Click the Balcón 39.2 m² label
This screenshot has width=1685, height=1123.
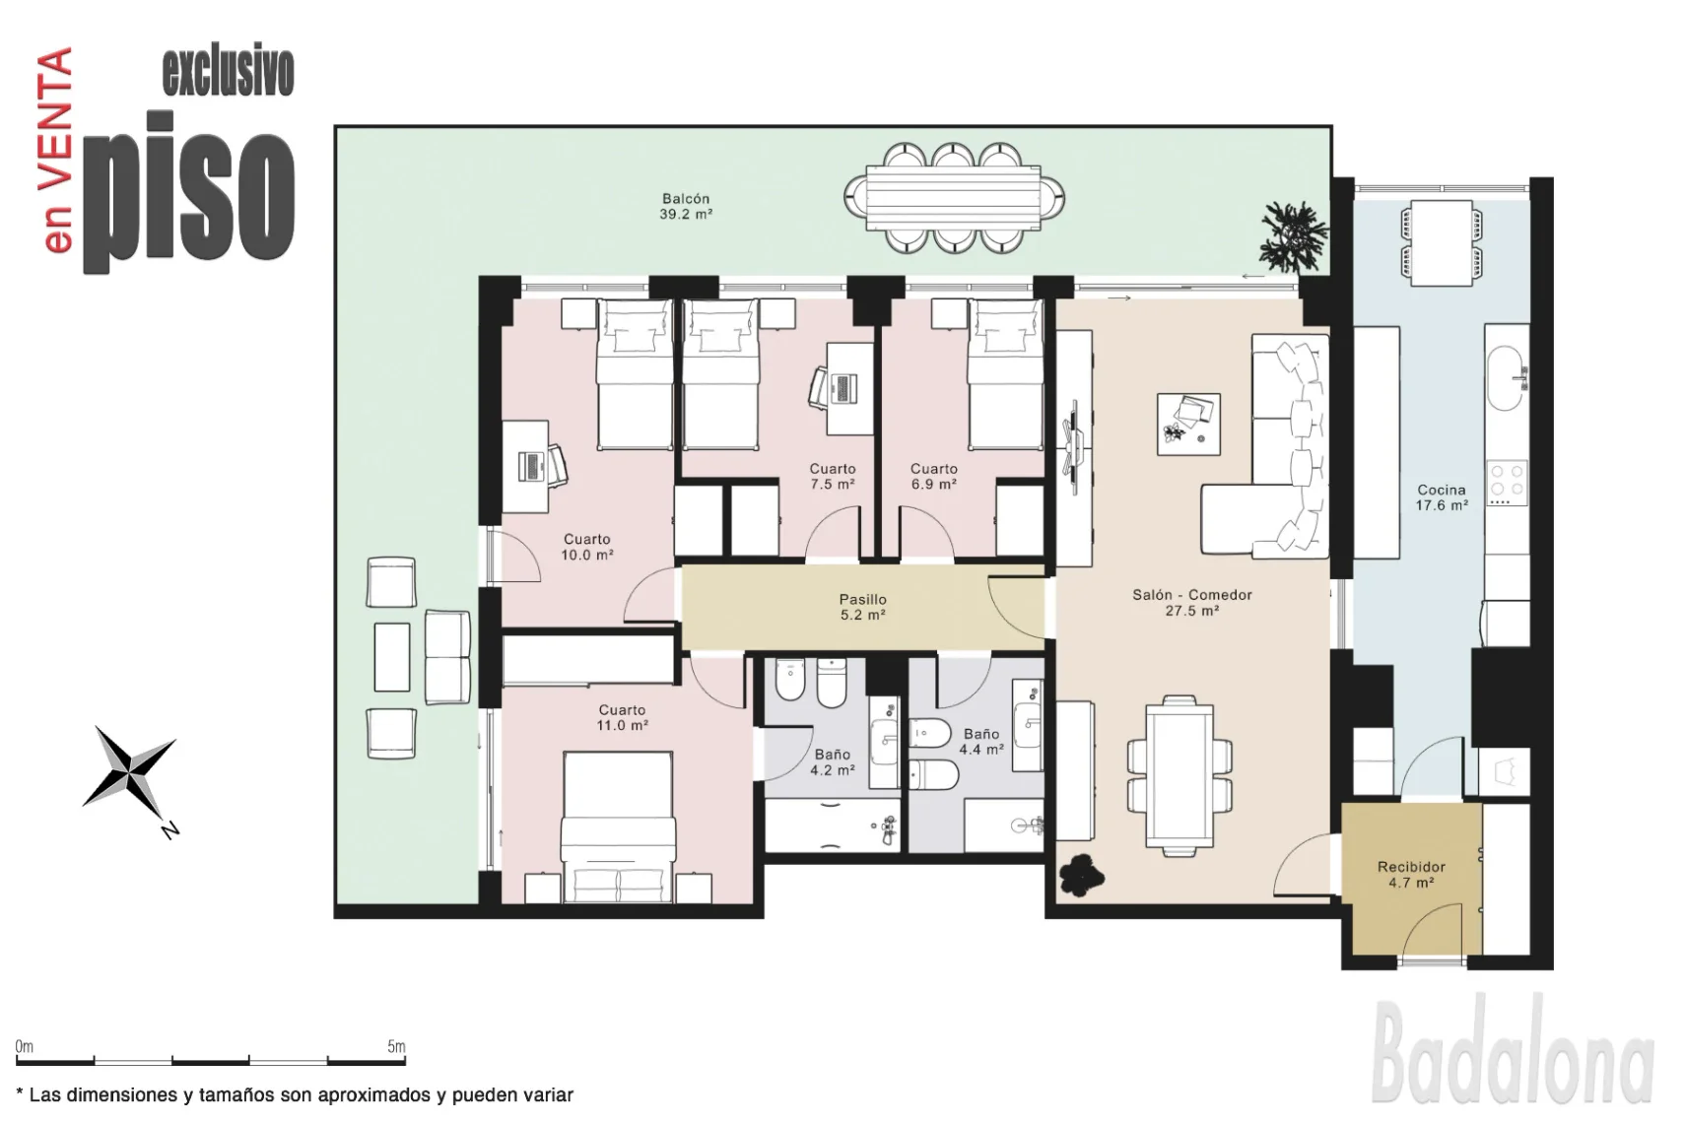(685, 206)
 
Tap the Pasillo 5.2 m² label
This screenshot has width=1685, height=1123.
(863, 607)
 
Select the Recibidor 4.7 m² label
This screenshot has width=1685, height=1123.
(1411, 875)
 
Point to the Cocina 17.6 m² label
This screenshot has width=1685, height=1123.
(1442, 497)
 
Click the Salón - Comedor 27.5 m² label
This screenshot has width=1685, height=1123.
(1192, 603)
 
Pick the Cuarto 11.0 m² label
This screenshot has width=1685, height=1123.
(622, 717)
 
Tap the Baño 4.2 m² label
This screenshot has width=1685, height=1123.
(832, 761)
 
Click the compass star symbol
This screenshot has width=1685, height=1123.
(130, 774)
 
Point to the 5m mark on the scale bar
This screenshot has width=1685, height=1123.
(396, 1046)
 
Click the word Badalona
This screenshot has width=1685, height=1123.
(1512, 1048)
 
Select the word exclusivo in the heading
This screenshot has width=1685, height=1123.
(228, 73)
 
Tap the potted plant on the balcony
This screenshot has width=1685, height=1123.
(1293, 235)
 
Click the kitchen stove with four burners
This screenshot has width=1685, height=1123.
(1507, 482)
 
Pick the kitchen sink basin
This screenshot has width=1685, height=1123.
(1505, 377)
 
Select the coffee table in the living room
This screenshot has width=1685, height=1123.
(1188, 424)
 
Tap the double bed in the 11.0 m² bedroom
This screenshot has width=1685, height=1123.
(618, 827)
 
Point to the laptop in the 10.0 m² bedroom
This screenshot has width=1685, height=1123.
(531, 466)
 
